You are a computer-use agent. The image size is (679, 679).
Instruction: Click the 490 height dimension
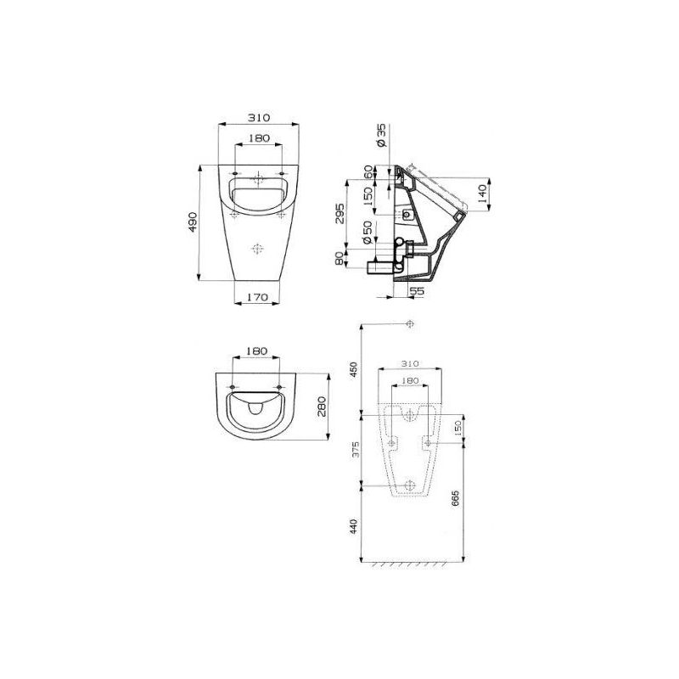[194, 222]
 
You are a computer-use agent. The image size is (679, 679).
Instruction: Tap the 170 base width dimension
[258, 297]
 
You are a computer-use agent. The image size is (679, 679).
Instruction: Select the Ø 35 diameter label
[381, 136]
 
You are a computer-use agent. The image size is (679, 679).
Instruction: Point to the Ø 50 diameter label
[368, 233]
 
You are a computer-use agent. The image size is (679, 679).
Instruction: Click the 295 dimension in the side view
[340, 213]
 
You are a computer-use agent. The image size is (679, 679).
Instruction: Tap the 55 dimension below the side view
[417, 291]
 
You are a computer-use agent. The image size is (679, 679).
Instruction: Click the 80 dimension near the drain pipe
[340, 259]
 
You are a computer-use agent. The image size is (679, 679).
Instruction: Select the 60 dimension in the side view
[368, 172]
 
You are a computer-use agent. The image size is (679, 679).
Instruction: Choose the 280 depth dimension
[323, 407]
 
